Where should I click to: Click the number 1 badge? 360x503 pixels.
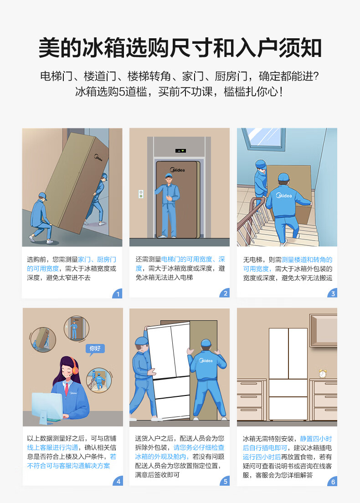118,293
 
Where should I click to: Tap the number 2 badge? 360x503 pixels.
225,293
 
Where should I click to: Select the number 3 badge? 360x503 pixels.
332,293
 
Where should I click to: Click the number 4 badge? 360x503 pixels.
118,481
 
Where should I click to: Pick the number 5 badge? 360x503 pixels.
225,481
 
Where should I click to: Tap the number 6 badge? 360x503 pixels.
332,481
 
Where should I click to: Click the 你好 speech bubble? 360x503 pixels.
95,349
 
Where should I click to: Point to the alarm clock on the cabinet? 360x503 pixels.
323,374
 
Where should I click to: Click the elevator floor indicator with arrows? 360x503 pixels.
180,150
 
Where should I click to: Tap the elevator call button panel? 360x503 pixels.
141,194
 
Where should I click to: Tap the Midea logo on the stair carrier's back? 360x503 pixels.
284,195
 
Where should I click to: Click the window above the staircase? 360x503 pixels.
263,139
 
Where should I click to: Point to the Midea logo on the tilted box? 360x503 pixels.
98,158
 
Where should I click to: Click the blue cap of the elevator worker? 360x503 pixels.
169,175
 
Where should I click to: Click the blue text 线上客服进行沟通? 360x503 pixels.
52,447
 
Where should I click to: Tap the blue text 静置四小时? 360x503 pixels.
316,438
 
